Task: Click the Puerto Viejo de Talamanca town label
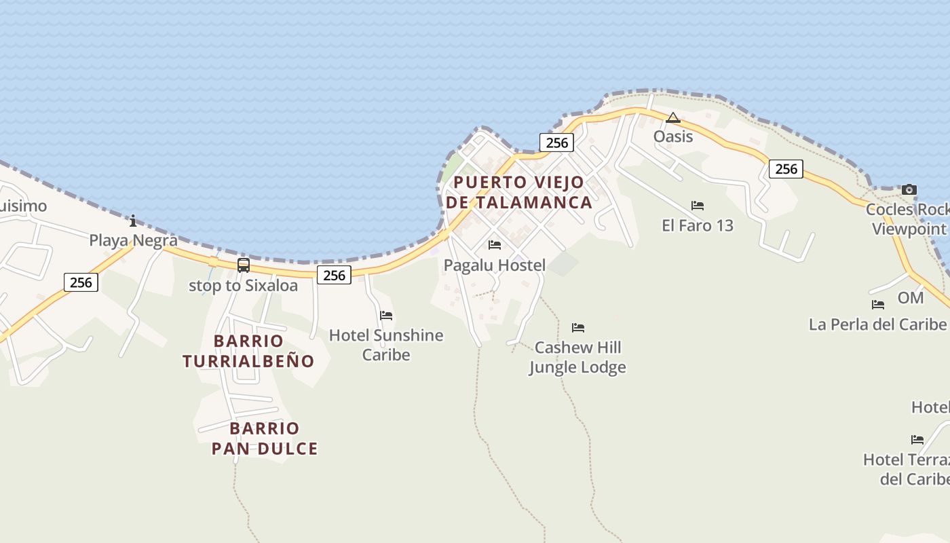(x=519, y=192)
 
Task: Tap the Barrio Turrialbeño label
(x=248, y=351)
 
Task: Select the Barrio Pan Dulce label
(x=265, y=438)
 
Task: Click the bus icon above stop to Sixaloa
(x=244, y=265)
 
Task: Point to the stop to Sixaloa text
(x=243, y=286)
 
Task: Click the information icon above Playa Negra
(x=133, y=221)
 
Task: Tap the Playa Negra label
(x=134, y=240)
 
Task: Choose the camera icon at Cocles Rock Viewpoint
(x=909, y=189)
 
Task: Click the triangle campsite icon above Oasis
(x=672, y=118)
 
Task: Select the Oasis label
(x=673, y=136)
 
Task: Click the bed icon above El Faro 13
(x=698, y=206)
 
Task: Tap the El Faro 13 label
(x=698, y=225)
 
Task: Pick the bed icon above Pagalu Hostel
(x=495, y=245)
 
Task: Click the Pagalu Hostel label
(x=495, y=265)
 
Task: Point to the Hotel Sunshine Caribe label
(x=386, y=345)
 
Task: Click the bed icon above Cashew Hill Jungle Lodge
(x=578, y=328)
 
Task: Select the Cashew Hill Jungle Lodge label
(x=577, y=358)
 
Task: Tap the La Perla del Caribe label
(x=877, y=324)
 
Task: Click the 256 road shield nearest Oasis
(x=556, y=143)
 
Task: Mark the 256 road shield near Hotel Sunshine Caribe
(x=334, y=275)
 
